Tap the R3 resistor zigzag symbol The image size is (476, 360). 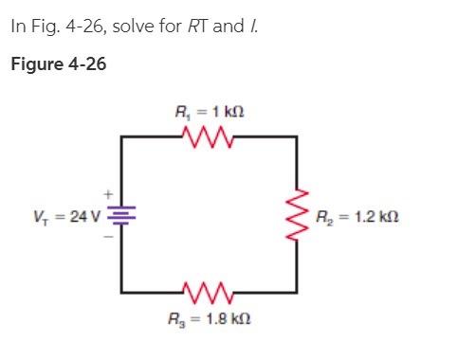pos(209,286)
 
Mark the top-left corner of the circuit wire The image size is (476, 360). pos(121,138)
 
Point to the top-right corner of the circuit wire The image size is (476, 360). pos(298,138)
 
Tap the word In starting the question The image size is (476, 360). pos(18,26)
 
